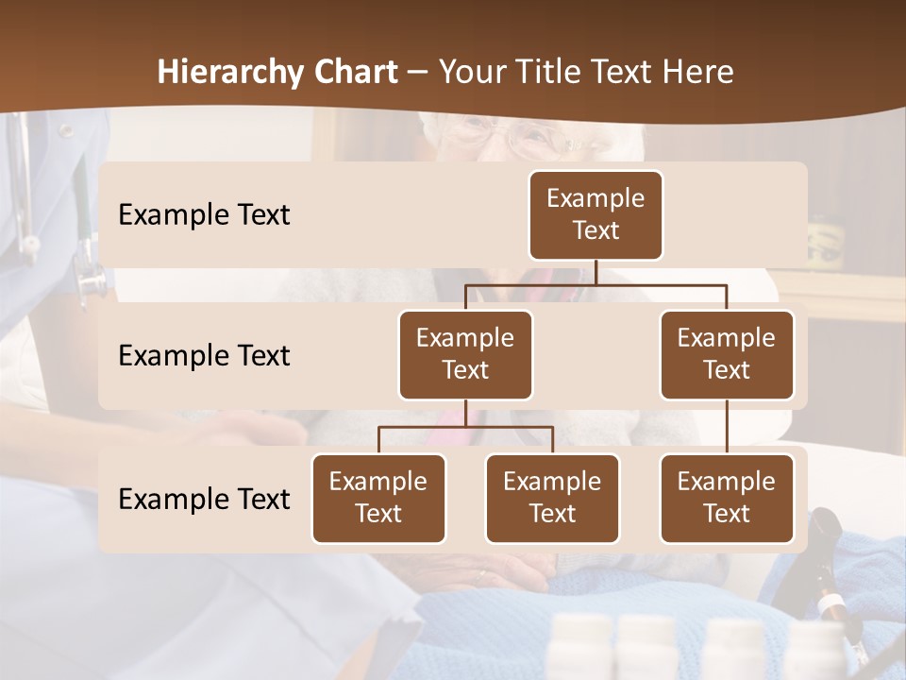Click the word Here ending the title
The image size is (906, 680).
click(x=696, y=73)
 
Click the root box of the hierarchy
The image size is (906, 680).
click(x=596, y=214)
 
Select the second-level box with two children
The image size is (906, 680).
click(x=465, y=354)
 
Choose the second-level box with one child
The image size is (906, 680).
click(x=727, y=354)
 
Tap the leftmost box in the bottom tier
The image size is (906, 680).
click(x=378, y=498)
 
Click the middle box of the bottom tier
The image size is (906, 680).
click(x=552, y=498)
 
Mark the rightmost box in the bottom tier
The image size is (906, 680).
click(x=727, y=498)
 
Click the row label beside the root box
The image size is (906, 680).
click(x=204, y=214)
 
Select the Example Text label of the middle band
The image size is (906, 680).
click(x=204, y=355)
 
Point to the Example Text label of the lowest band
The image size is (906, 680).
click(x=204, y=499)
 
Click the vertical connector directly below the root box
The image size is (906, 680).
click(x=596, y=272)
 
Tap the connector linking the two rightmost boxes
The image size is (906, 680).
click(x=727, y=427)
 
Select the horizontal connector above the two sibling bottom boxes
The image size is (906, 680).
click(x=465, y=427)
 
